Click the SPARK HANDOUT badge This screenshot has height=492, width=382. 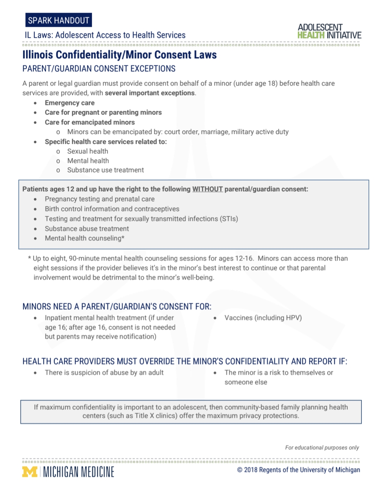pos(58,20)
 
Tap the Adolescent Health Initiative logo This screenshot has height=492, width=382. pos(329,31)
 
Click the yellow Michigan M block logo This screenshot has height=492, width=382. pos(30,472)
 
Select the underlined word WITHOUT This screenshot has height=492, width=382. pos(207,189)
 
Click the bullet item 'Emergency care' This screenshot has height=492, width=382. pos(69,103)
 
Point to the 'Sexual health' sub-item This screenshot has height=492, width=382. pos(87,151)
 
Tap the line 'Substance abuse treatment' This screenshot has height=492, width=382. pos(87,229)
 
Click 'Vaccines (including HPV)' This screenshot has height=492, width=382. pos(263,317)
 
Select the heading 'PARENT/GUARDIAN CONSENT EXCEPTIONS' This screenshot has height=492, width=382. pos(99,69)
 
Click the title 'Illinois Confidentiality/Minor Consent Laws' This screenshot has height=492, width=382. pos(119,55)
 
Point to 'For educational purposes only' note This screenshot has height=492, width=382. pos(322,447)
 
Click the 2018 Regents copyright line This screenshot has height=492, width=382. pos(298,470)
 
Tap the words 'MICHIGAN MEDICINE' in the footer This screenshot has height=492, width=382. pos(79,472)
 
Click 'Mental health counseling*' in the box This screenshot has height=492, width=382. pos(84,238)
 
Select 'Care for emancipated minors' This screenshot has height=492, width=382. pos(90,122)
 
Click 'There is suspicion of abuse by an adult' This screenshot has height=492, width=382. pos(104,372)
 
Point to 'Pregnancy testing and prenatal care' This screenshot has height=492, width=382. pos(99,199)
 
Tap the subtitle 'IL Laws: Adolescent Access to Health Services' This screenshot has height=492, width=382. pos(105,35)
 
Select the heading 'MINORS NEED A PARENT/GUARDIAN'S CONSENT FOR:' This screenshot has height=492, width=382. pos(117,307)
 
